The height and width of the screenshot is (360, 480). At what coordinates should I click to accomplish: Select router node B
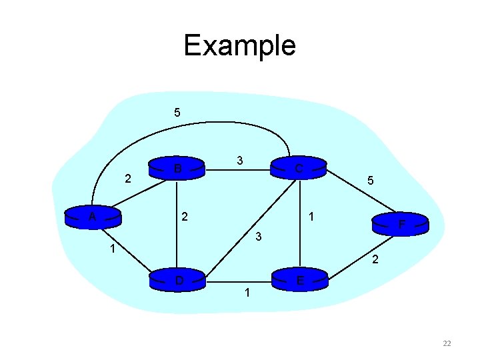tap(177, 167)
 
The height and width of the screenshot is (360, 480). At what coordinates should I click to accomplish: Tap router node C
tap(299, 167)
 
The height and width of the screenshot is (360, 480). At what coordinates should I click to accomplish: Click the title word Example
tap(239, 45)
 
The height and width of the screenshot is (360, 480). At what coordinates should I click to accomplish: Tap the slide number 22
tap(447, 343)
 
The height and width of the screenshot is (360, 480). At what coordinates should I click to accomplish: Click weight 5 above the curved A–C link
tap(177, 112)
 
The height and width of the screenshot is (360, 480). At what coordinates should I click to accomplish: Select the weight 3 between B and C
tap(239, 160)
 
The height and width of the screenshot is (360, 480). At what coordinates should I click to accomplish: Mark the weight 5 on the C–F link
tap(371, 180)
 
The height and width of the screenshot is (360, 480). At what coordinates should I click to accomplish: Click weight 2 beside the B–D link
tap(185, 217)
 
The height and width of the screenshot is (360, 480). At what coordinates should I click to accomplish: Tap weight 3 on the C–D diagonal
tap(260, 237)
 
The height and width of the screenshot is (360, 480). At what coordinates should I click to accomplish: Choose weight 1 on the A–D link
tap(114, 250)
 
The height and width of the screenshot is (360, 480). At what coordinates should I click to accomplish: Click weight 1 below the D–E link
tap(247, 292)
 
